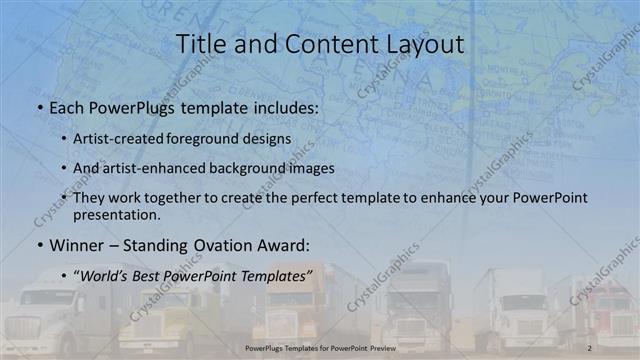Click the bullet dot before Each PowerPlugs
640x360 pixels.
pos(38,106)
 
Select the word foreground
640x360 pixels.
pos(214,139)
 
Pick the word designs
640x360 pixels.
pos(269,139)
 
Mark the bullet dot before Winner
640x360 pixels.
pos(38,245)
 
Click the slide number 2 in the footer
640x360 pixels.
pos(590,347)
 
